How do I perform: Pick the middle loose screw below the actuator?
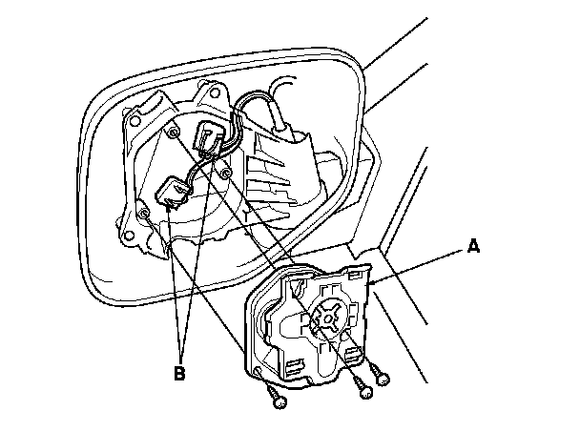coord(362,389)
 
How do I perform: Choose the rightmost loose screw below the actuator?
coord(383,379)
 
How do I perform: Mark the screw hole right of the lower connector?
coord(225,173)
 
